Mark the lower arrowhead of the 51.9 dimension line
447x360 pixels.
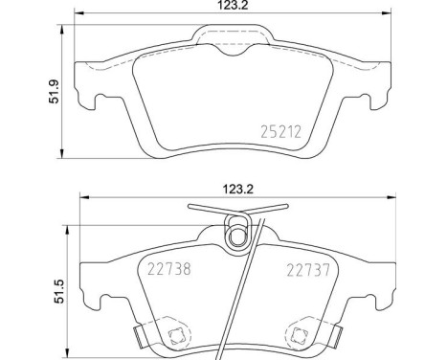pyautogui.click(x=62, y=154)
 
